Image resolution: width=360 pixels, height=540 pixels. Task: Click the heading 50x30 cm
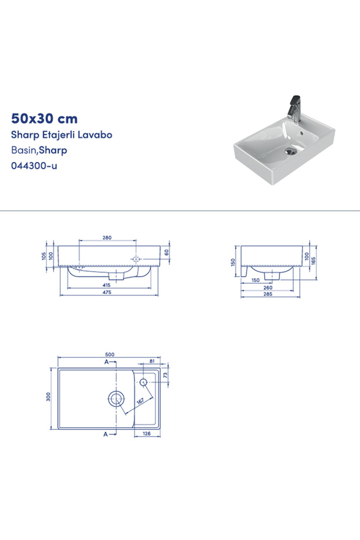pos(44,118)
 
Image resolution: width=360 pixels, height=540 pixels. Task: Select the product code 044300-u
pos(34,165)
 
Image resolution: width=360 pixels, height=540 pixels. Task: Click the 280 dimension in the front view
pos(107,238)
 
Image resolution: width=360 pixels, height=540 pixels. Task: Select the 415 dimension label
pos(107,285)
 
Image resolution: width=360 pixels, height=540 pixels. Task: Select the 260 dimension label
pos(267,287)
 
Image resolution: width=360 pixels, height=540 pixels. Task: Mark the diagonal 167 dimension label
pos(139,400)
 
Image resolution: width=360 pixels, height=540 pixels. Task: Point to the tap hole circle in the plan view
pos(144,381)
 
